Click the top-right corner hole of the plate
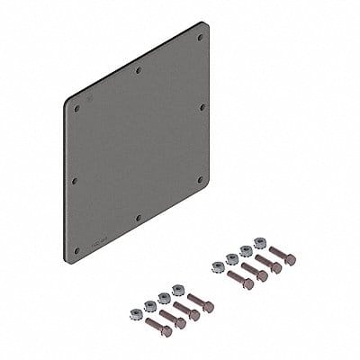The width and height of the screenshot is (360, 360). point(200,39)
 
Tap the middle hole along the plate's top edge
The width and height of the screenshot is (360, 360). point(138,70)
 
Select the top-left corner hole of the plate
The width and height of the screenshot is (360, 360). point(76,108)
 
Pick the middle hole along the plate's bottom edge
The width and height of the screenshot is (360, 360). point(138,217)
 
